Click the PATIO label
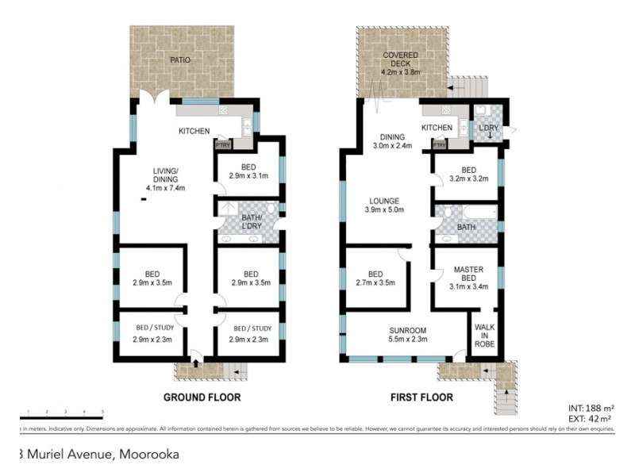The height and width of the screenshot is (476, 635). click(181, 59)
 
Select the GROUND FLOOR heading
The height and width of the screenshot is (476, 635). click(202, 397)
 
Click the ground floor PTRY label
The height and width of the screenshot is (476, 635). click(222, 145)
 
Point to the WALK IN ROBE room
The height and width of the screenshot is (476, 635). click(484, 336)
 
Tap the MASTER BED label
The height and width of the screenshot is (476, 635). click(468, 274)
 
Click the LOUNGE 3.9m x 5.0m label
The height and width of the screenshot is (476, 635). click(383, 205)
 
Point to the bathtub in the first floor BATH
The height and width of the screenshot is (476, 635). click(479, 213)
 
